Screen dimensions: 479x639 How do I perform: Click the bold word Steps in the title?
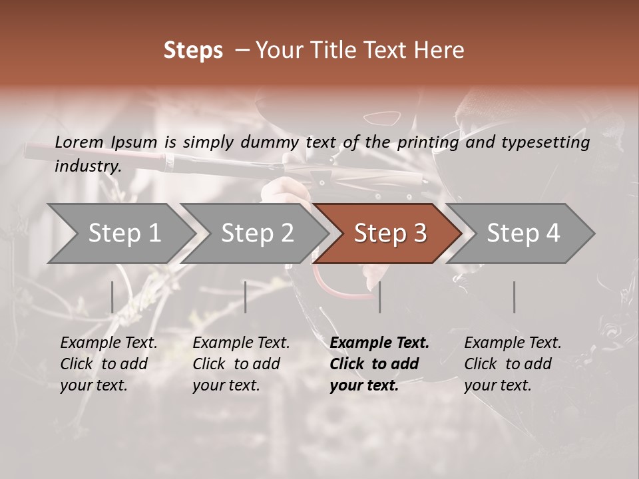(193, 51)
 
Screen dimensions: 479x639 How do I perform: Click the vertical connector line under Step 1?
(112, 297)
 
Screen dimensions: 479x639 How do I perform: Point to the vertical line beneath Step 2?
(246, 297)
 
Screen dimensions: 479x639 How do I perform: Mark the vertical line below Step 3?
(379, 297)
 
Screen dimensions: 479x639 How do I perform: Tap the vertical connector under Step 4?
(514, 297)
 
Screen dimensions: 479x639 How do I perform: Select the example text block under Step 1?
(108, 364)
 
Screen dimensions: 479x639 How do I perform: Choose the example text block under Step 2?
(241, 364)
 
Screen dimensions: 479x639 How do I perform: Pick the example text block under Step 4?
(513, 364)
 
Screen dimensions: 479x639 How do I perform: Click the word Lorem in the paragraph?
(79, 142)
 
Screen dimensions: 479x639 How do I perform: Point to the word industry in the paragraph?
(87, 166)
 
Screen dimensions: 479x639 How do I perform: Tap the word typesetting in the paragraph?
(545, 142)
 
